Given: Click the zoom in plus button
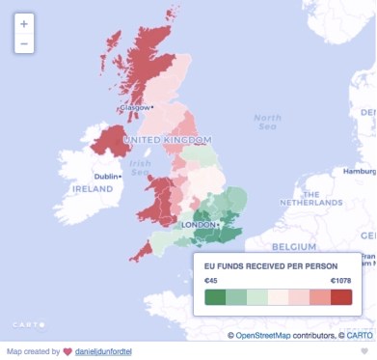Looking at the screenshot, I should point(24,22).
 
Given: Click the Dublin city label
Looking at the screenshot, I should point(106,176).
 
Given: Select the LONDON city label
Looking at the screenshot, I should point(198,225).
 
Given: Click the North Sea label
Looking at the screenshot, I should point(267,123).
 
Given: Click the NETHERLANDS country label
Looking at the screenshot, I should point(310,203).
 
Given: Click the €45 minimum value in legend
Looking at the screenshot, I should point(211,280).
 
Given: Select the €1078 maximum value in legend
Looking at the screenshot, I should point(340,280).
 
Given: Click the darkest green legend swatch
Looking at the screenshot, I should point(215,296).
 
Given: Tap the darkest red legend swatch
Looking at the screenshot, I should point(341,296).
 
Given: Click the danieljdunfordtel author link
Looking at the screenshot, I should point(104,351).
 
